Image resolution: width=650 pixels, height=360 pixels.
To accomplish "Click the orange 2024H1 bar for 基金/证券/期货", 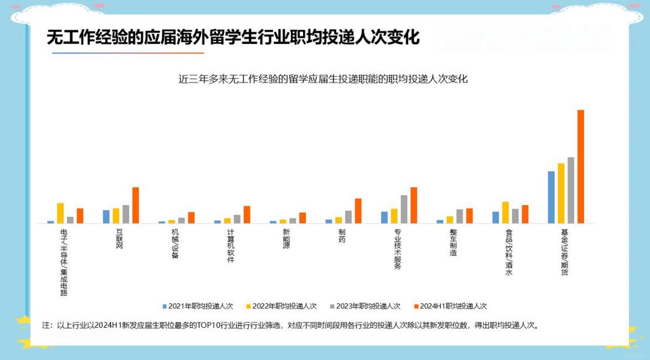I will (581, 167).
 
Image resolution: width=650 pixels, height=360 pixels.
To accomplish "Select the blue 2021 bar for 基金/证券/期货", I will (551, 197).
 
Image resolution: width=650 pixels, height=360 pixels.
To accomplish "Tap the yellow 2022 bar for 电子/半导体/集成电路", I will (60, 213).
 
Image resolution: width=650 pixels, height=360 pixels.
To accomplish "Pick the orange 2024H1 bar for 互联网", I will (135, 205).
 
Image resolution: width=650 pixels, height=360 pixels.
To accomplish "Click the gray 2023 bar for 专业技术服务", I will (404, 209).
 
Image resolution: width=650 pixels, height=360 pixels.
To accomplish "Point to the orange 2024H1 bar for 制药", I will (358, 210).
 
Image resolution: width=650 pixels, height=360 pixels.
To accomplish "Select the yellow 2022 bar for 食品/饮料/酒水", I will (505, 212).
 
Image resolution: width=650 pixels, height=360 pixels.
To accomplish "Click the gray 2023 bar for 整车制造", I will (460, 216).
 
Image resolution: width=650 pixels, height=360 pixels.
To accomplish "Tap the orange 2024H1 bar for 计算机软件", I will (247, 214).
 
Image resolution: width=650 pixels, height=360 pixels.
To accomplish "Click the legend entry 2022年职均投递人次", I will (280, 306).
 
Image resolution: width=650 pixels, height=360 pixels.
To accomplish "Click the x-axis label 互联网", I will (120, 238).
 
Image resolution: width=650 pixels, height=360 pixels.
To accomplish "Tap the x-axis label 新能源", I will (286, 238).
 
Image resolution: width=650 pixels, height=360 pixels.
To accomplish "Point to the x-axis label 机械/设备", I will (175, 243).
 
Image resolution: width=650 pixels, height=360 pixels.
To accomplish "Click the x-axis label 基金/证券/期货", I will (564, 251).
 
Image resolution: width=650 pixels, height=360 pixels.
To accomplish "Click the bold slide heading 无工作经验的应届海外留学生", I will (233, 37).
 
